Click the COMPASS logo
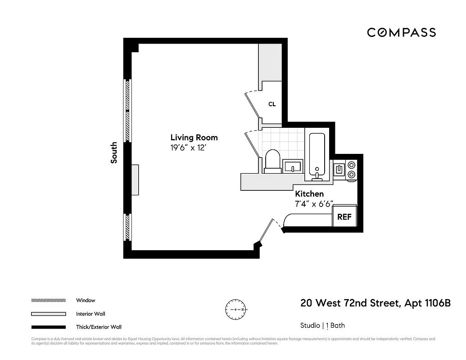coord(401,32)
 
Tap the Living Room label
coord(194,138)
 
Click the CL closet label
coord(272,104)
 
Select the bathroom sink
coord(293,166)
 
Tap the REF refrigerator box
coord(344,216)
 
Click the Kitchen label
coord(309,194)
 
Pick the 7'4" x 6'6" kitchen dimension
coord(314,204)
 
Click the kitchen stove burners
coord(351,170)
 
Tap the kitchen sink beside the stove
coord(339,169)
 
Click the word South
coord(114,153)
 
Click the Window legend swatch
coord(48,300)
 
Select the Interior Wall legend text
coord(90,314)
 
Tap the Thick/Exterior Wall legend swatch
coord(48,327)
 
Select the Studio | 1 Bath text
coord(322,325)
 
